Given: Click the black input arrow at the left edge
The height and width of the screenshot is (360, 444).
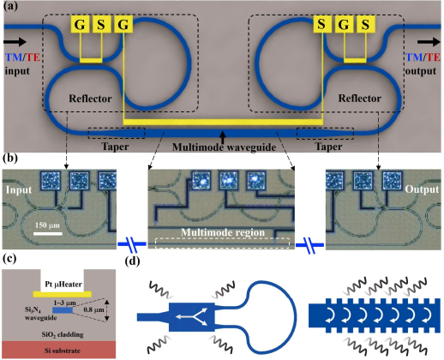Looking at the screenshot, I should tap(15, 39).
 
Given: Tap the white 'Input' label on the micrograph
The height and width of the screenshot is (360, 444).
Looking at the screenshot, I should tap(20, 189).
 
